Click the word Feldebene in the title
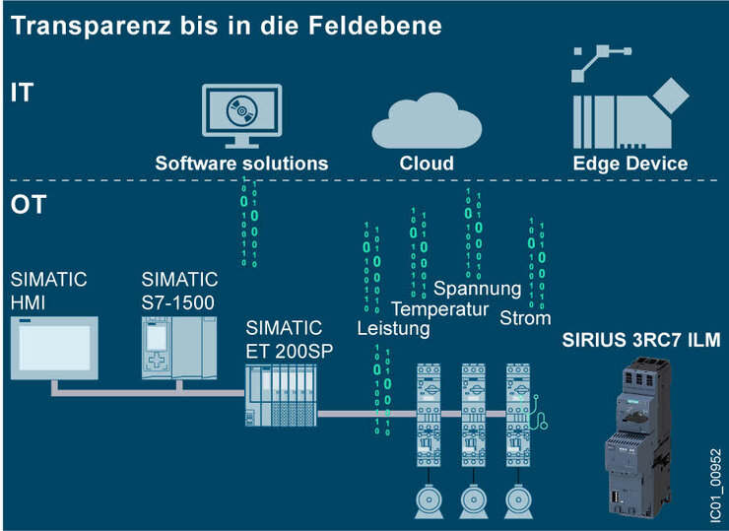pyautogui.click(x=374, y=25)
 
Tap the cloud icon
pyautogui.click(x=427, y=122)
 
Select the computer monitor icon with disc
pyautogui.click(x=241, y=116)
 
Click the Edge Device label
pyautogui.click(x=630, y=164)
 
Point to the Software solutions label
pyautogui.click(x=241, y=164)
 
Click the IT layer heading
pyautogui.click(x=22, y=93)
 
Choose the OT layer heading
pyautogui.click(x=29, y=204)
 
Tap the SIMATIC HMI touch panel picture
pyautogui.click(x=54, y=348)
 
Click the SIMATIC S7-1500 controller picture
pyautogui.click(x=179, y=348)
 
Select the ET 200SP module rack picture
pyautogui.click(x=281, y=395)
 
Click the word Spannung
pyautogui.click(x=477, y=289)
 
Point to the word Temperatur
pyautogui.click(x=439, y=308)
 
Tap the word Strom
pyautogui.click(x=525, y=318)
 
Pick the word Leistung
pyautogui.click(x=393, y=328)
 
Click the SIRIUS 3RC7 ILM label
pyautogui.click(x=641, y=340)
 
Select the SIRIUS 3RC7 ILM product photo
pyautogui.click(x=638, y=437)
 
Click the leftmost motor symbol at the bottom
pyautogui.click(x=429, y=501)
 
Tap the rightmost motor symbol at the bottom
pyautogui.click(x=518, y=501)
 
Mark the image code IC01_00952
pyautogui.click(x=716, y=485)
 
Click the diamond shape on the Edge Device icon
pyautogui.click(x=671, y=96)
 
